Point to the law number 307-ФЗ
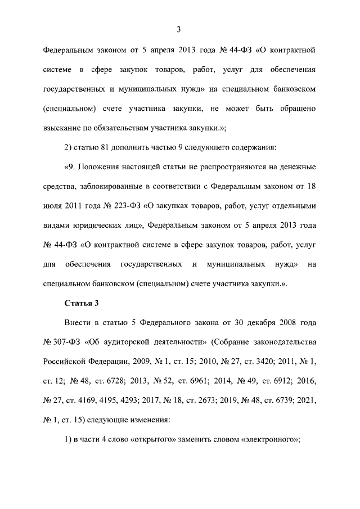pyautogui.click(x=62, y=343)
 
